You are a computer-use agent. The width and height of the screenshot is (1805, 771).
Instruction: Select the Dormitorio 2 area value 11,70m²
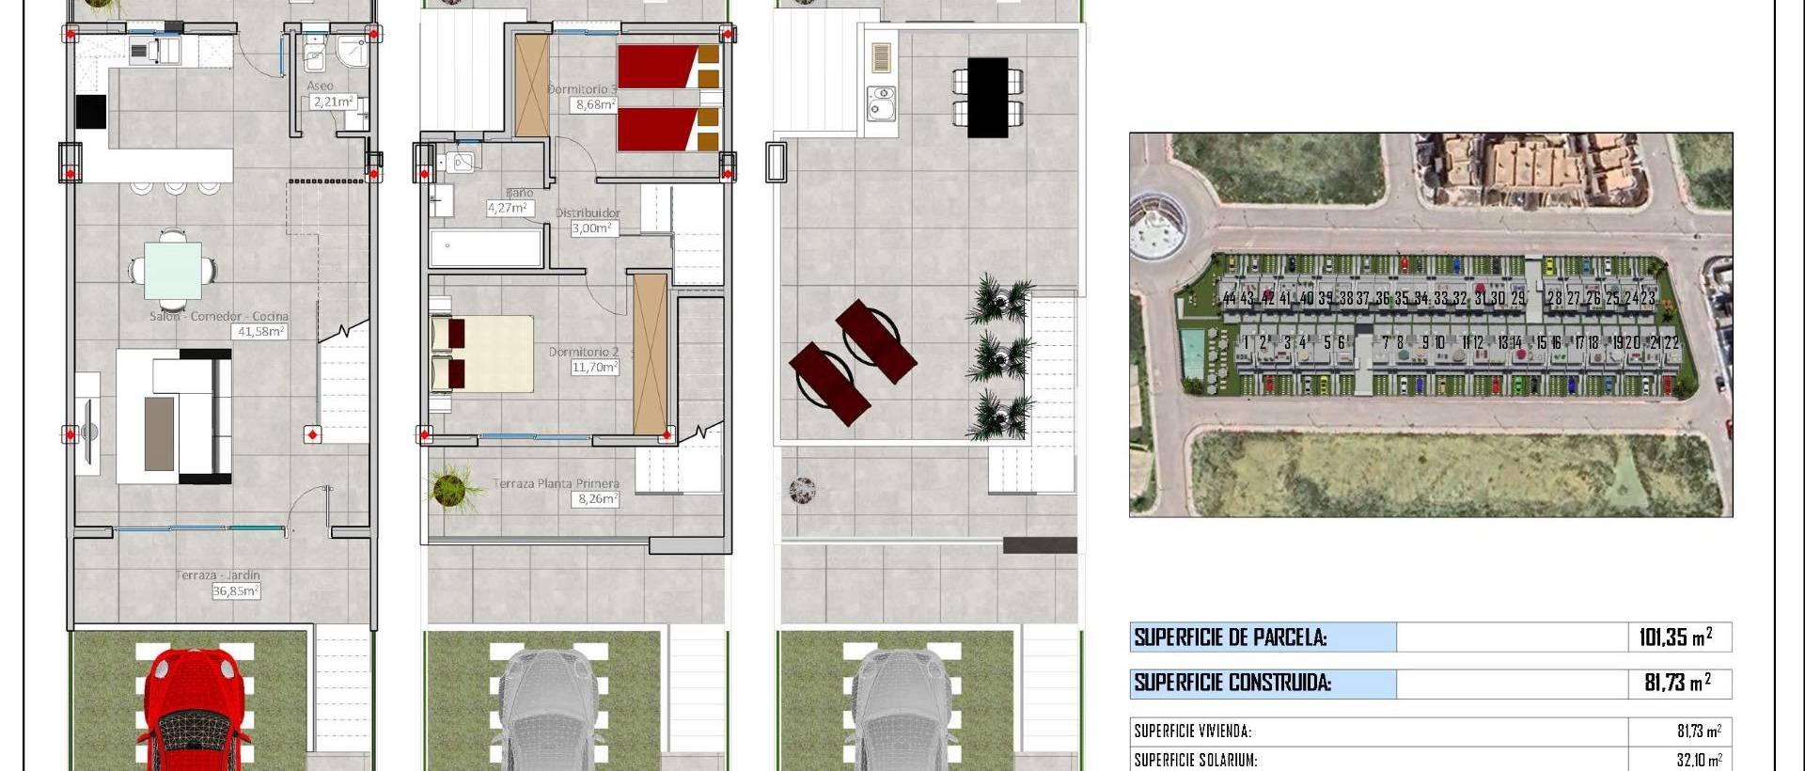[x=594, y=367]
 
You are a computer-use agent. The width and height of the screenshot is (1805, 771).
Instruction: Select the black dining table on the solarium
[x=987, y=97]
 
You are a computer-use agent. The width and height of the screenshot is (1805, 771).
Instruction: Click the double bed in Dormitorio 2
[x=482, y=354]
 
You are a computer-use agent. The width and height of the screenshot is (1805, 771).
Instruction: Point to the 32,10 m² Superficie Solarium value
[x=1699, y=760]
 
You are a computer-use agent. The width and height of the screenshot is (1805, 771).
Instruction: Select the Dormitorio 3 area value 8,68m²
[x=595, y=104]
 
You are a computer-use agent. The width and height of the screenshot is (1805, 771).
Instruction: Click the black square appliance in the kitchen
[x=91, y=111]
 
